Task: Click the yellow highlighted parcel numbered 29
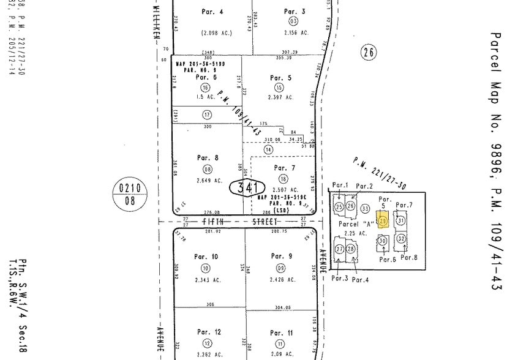pos(384,220)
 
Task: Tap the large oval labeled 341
pos(247,187)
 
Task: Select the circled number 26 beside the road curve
pos(367,53)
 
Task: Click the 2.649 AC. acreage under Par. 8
pos(207,180)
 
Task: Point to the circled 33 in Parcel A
pos(366,208)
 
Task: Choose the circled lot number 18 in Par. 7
pos(282,179)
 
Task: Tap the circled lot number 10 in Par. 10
pos(205,268)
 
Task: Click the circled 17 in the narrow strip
pos(207,114)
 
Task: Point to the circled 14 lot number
pos(268,149)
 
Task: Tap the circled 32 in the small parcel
pos(401,238)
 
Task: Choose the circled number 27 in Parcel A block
pos(339,249)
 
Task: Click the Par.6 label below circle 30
pos(388,259)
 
